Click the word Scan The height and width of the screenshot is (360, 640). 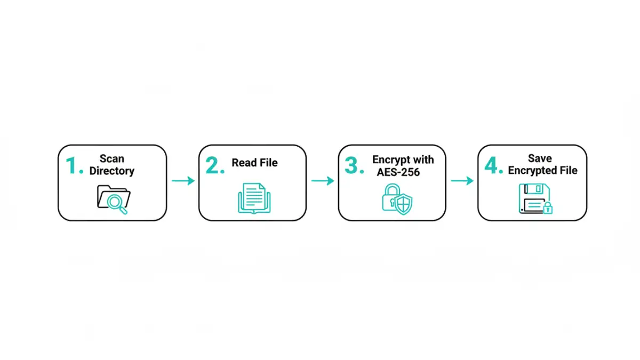111,158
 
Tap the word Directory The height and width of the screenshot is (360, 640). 112,171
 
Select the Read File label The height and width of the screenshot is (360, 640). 254,163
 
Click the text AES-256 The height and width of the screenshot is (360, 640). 398,172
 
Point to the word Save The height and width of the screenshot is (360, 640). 540,158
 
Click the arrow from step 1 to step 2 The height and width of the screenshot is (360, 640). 183,181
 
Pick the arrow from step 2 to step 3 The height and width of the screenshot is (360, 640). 323,181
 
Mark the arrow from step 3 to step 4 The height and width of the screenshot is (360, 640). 462,181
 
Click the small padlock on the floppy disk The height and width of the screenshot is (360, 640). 547,208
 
